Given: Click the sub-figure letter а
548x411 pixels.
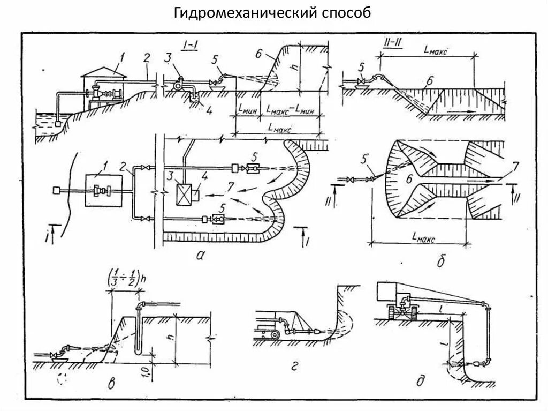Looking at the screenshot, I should (201, 256).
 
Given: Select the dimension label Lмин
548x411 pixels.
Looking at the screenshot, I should (247, 111).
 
